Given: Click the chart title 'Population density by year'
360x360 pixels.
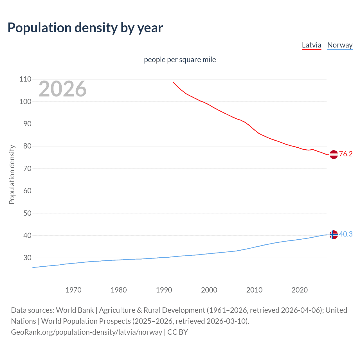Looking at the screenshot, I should (x=85, y=28).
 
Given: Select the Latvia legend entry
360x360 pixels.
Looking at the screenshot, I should (x=311, y=45).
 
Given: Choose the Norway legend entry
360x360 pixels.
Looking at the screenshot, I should (x=340, y=45).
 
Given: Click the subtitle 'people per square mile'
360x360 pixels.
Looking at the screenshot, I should (x=180, y=60).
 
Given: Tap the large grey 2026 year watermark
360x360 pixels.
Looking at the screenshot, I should (x=62, y=89).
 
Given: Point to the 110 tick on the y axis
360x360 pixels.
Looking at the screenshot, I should (x=25, y=79).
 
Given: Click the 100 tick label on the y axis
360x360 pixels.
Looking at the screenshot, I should (x=25, y=102).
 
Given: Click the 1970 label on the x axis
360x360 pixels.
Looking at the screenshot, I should (x=73, y=290).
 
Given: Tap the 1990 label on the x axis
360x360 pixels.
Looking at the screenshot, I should (x=164, y=290).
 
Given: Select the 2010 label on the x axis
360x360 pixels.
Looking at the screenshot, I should (x=254, y=290).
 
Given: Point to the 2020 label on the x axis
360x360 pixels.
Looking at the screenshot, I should (x=300, y=290).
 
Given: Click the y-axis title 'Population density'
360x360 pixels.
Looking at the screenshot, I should (x=12, y=174).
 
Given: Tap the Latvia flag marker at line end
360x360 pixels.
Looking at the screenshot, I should (x=333, y=154).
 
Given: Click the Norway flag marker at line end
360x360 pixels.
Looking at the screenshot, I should (x=333, y=235).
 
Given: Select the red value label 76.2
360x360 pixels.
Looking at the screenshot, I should (x=346, y=154).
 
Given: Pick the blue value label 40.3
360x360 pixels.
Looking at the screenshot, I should (x=346, y=234).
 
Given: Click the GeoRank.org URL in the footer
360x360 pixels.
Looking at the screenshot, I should (x=87, y=332).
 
